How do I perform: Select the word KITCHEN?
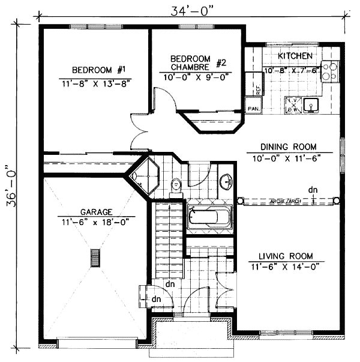[x=295, y=56]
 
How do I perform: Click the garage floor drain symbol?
[x=94, y=258]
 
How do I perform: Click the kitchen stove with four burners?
[x=329, y=71]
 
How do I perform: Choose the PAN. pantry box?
[x=253, y=108]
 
